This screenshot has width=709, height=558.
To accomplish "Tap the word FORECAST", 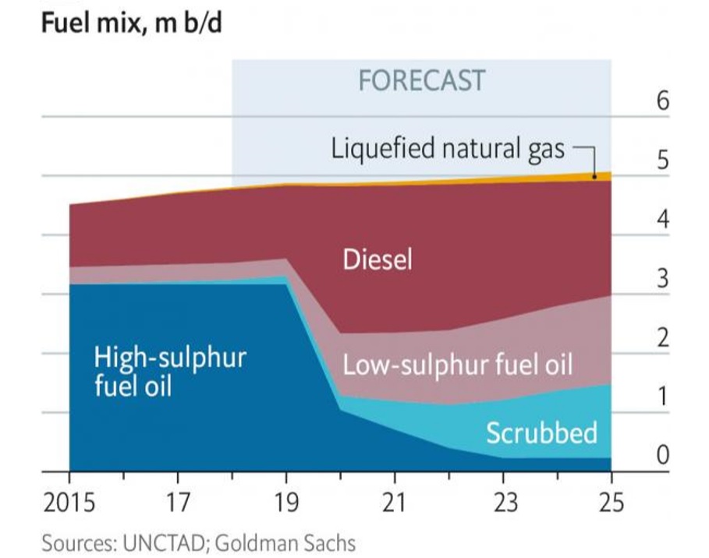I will coord(421,81).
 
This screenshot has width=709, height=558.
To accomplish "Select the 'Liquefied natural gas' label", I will coord(448,148).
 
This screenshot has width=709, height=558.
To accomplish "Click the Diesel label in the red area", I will coord(378,260).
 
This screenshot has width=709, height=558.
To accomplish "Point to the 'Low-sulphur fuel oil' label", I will coord(458,365).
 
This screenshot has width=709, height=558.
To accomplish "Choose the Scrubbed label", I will coord(541,433).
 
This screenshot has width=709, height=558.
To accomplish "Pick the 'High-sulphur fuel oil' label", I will coord(169,371).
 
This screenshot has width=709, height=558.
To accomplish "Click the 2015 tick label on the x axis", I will coord(70,503).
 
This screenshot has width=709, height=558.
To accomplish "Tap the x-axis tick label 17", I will coord(178,503).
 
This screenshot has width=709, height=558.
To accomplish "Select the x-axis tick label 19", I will coord(286,503).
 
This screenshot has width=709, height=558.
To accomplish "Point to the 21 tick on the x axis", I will coord(395,503).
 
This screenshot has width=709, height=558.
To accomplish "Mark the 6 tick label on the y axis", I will coord(662,102).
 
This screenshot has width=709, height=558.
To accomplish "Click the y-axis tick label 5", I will coord(662,161).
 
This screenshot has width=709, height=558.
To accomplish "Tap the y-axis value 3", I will coord(662,279).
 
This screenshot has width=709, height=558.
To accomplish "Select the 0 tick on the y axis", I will coord(662,455).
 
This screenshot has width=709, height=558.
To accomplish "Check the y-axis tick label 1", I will coord(662,397).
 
